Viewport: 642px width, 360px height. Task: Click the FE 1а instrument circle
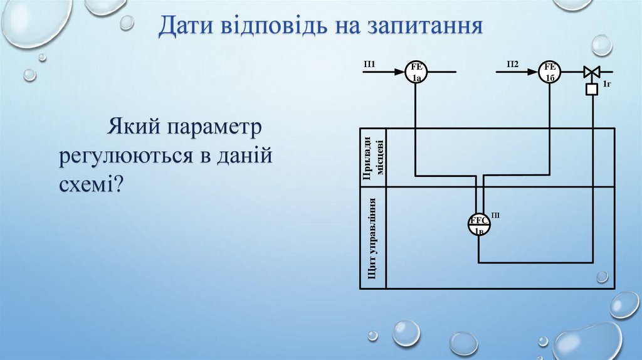pyautogui.click(x=416, y=72)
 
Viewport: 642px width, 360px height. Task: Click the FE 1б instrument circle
pyautogui.click(x=550, y=72)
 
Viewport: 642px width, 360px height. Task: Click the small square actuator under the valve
pyautogui.click(x=591, y=89)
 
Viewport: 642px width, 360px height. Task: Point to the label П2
pyautogui.click(x=513, y=64)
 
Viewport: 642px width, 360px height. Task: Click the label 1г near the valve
pyautogui.click(x=606, y=83)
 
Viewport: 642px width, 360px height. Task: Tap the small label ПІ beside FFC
pyautogui.click(x=495, y=216)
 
